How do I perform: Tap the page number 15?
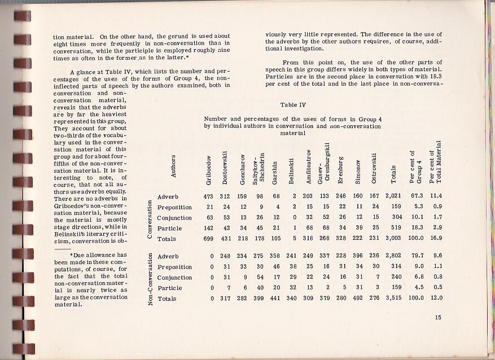click(x=438, y=317)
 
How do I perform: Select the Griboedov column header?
click(x=208, y=170)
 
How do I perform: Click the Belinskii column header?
click(x=291, y=170)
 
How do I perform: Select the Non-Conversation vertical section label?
click(x=150, y=278)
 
